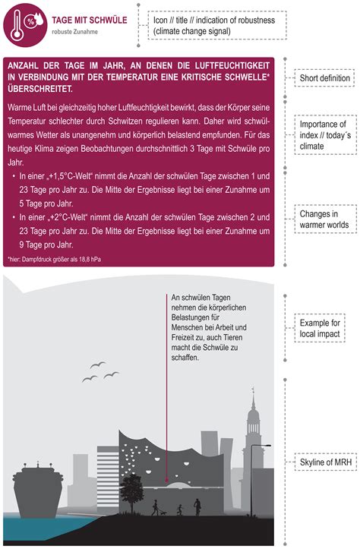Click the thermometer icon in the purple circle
coord(17,26)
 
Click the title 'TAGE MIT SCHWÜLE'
coord(90,20)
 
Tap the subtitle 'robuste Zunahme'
coord(75,32)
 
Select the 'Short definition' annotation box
coord(324,78)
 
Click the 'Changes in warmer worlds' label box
coord(325,219)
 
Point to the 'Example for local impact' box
coord(320,328)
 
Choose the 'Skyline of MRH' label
coord(325,462)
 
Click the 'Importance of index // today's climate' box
coord(325,135)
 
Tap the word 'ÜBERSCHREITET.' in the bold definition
coord(40,89)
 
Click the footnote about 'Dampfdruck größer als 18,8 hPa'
coord(54,260)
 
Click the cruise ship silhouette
coord(38,489)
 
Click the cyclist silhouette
coord(197,506)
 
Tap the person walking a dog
coord(158,508)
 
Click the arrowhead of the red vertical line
coord(166,481)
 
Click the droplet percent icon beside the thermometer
coord(34,21)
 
